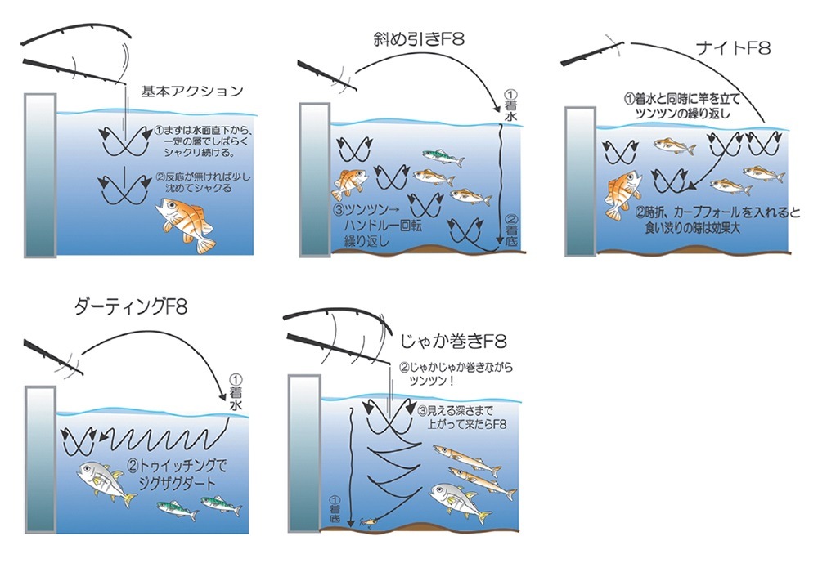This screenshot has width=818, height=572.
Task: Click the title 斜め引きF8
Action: (416, 40)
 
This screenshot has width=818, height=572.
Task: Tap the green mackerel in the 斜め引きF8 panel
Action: (442, 154)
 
